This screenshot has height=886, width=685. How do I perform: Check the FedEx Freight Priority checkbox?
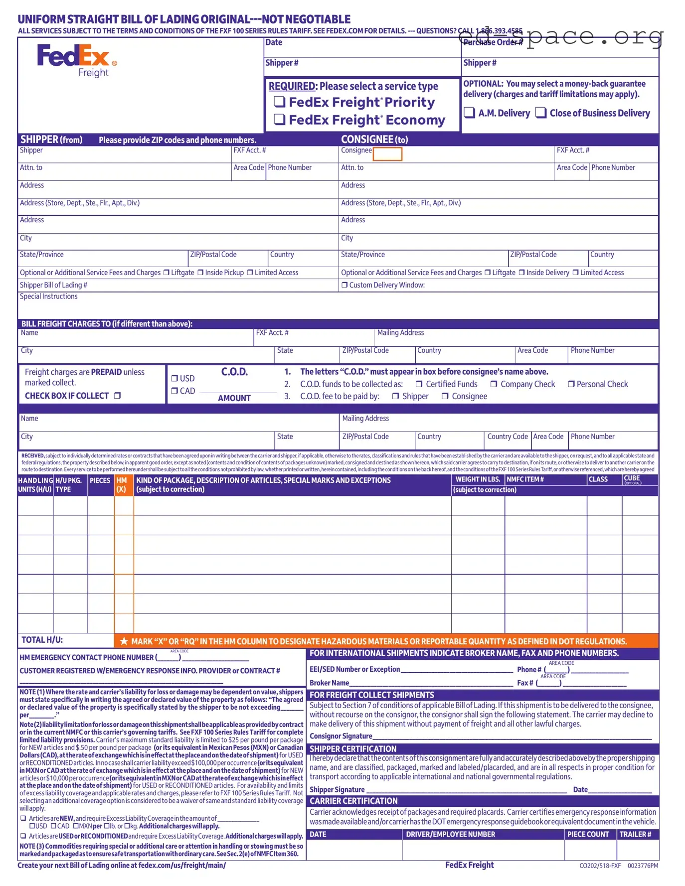pyautogui.click(x=280, y=102)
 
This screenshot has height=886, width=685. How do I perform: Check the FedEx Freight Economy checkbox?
pyautogui.click(x=280, y=120)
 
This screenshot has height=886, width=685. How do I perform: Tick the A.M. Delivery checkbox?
pyautogui.click(x=469, y=112)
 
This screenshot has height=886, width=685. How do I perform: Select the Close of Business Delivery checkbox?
pyautogui.click(x=541, y=112)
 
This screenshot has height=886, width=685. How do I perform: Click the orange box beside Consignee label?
pyautogui.click(x=387, y=154)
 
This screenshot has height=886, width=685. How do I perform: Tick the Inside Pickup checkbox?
pyautogui.click(x=200, y=273)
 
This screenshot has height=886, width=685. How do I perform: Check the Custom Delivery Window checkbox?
pyautogui.click(x=344, y=285)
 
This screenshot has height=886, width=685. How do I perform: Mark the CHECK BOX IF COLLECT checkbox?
pyautogui.click(x=118, y=396)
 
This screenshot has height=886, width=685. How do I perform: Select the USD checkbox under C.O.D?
pyautogui.click(x=174, y=378)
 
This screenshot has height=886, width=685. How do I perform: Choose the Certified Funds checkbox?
pyautogui.click(x=419, y=384)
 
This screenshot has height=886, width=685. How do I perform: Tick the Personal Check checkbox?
pyautogui.click(x=571, y=384)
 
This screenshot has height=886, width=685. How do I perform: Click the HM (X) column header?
pyautogui.click(x=122, y=484)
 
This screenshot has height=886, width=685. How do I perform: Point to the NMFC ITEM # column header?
pyautogui.click(x=525, y=479)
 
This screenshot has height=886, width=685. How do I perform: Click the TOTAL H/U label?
pyautogui.click(x=42, y=640)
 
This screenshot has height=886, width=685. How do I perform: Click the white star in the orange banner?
pyautogui.click(x=124, y=641)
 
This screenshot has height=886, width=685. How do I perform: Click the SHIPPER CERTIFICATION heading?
pyautogui.click(x=353, y=748)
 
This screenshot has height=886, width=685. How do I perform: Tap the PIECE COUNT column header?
pyautogui.click(x=588, y=834)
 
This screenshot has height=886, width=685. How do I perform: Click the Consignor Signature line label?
pyautogui.click(x=341, y=736)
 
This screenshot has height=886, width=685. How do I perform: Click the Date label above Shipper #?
pyautogui.click(x=274, y=42)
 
